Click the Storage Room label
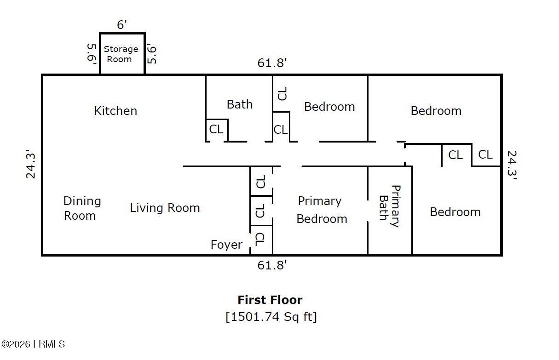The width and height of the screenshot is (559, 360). point(121,54)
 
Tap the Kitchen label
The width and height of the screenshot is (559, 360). point(115,111)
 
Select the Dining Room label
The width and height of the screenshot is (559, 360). point(82,208)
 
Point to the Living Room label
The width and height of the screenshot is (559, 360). point(165,208)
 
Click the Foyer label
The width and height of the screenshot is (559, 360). point(226,245)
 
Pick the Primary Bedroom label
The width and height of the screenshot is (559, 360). point(321,210)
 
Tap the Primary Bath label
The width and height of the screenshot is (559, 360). point(389,206)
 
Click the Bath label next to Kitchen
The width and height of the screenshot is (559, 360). point(240,104)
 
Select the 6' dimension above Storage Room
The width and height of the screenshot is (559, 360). point(121,25)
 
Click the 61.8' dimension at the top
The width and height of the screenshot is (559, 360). point(272,63)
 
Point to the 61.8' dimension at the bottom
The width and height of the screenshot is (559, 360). point(272,265)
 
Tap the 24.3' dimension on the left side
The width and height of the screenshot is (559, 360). point(31,164)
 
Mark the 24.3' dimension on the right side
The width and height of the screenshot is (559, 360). point(511,166)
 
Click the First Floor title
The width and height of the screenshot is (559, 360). point(270,300)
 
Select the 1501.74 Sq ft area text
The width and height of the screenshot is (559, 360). point(271,317)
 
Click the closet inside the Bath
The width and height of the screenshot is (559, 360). point(216,129)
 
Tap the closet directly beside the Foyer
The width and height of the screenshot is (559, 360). point(260,239)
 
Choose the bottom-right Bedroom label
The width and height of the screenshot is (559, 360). point(455,212)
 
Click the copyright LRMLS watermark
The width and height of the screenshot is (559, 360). point(33,344)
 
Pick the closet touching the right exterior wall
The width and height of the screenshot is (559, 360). point(485,154)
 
